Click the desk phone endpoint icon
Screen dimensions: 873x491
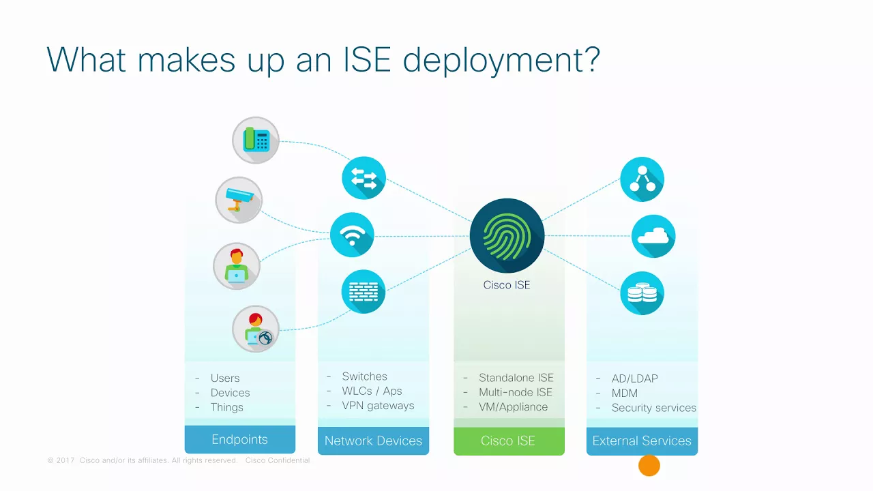[256, 140]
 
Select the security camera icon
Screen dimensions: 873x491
[239, 200]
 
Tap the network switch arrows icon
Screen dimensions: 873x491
[364, 178]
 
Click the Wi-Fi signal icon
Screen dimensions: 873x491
[352, 235]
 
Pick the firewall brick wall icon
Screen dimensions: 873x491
[364, 291]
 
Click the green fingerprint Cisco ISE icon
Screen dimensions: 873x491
[507, 236]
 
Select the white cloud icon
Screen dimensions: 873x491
[653, 236]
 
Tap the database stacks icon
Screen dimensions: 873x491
[642, 293]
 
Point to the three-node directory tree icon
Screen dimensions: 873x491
[642, 179]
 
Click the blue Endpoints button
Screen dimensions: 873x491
[239, 439]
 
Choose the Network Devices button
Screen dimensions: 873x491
[373, 441]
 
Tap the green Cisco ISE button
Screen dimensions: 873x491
[509, 441]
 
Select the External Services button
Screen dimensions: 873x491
[642, 441]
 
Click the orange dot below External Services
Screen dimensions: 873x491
[649, 465]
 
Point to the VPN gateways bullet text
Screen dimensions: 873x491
[378, 406]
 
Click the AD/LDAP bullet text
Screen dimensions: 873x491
[634, 378]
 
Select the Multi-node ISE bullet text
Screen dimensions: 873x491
[515, 392]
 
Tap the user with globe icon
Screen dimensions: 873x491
[256, 329]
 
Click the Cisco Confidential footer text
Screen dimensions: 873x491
[278, 460]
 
